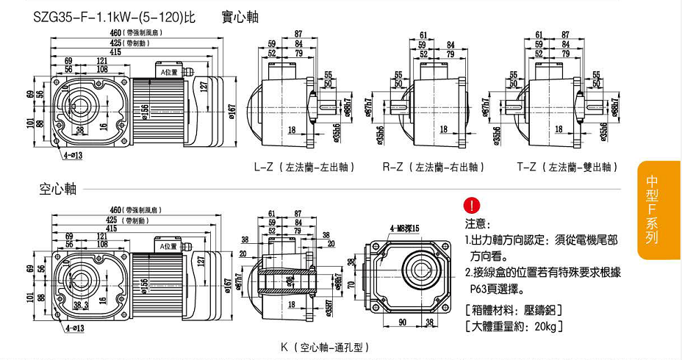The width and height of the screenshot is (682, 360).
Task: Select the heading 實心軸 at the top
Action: point(240,16)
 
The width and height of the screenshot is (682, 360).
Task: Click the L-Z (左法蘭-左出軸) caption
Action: point(304,167)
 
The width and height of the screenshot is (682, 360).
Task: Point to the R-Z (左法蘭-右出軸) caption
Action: point(433,167)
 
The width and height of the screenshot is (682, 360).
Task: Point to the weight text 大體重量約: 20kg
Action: point(514,325)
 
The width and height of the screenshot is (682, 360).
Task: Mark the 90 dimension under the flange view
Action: point(402,322)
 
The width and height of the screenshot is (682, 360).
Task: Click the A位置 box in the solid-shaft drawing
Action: point(170,72)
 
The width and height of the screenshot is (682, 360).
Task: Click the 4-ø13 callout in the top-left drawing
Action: point(73,155)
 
